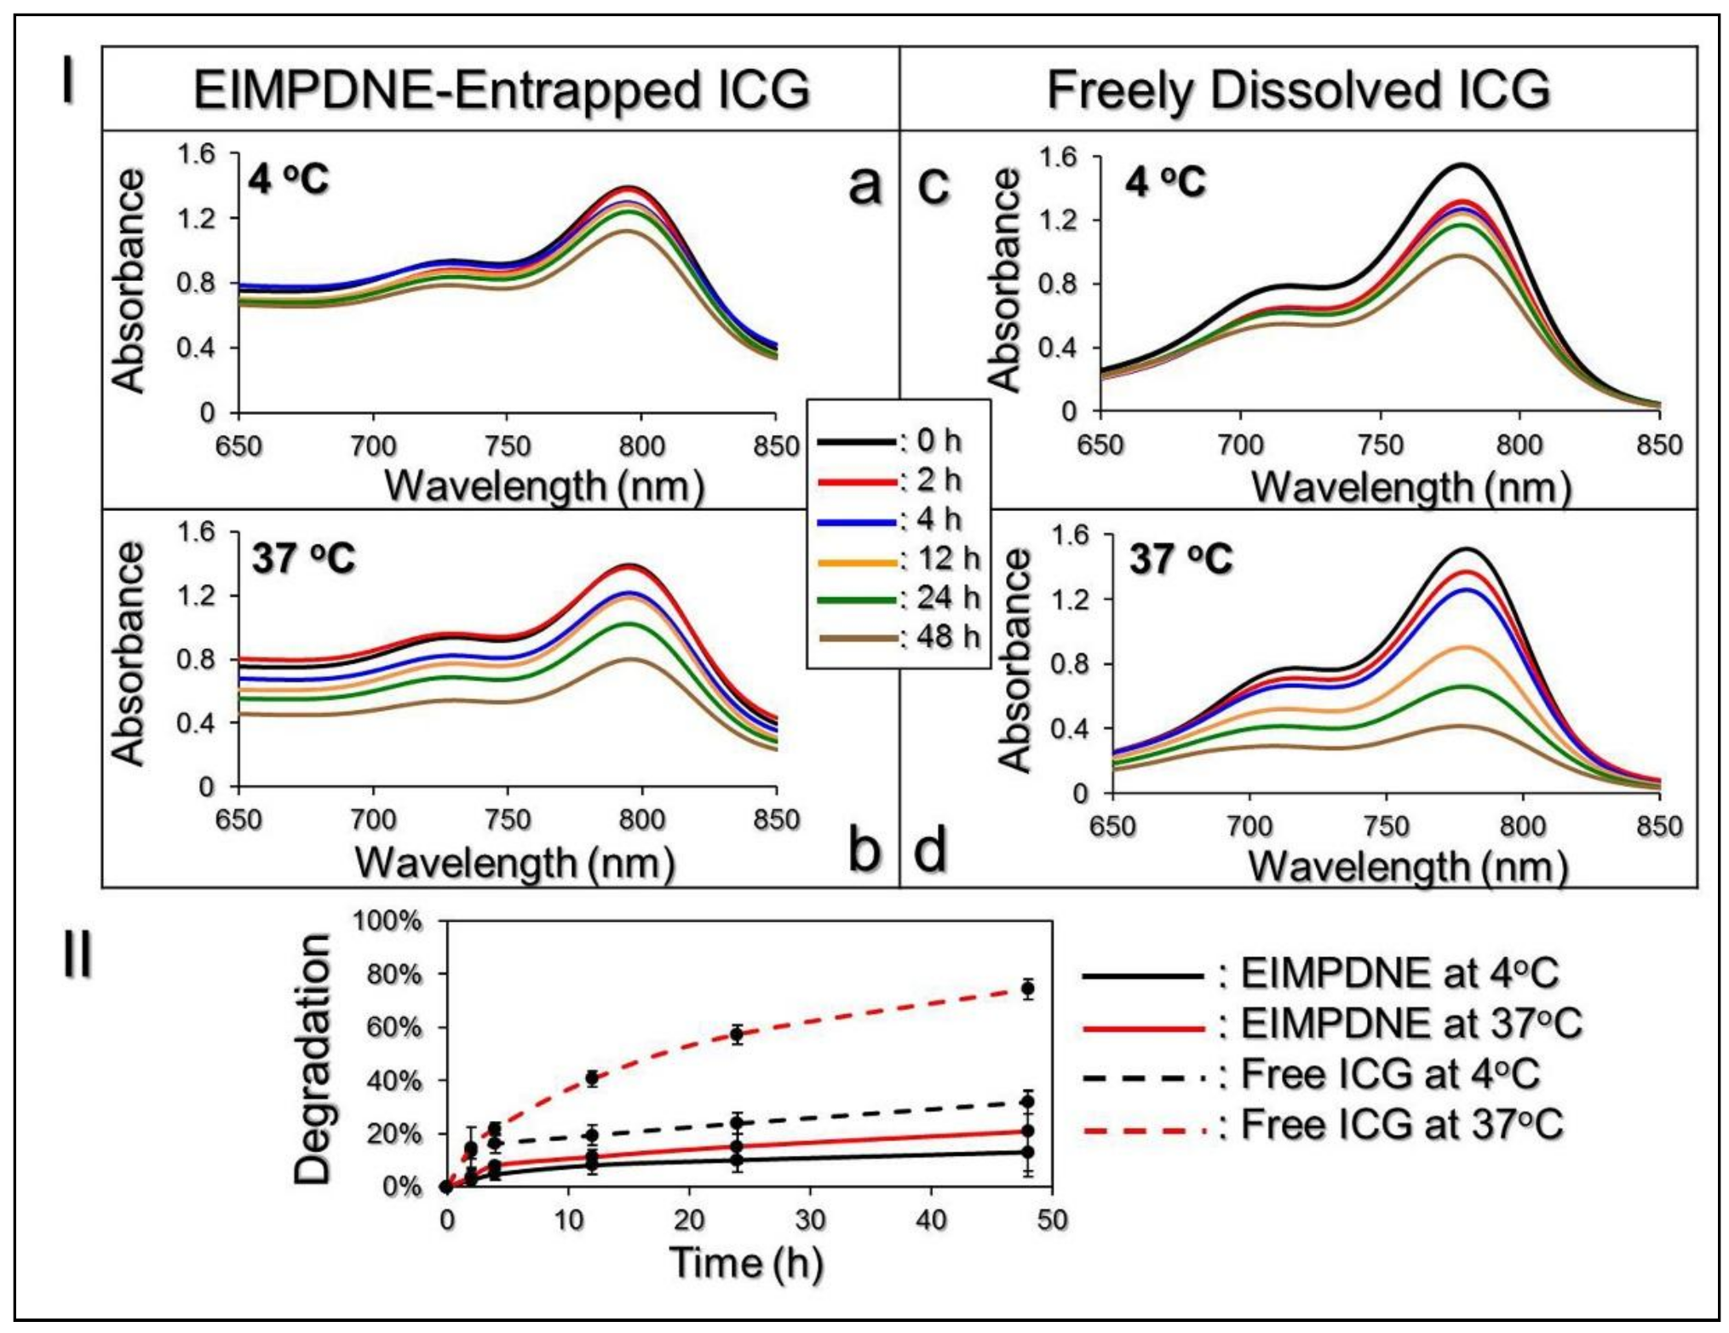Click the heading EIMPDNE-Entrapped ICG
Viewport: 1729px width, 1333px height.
[501, 90]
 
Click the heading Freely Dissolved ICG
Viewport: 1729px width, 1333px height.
[1297, 90]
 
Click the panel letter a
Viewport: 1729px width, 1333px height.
[865, 185]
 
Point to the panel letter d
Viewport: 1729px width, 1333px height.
[930, 850]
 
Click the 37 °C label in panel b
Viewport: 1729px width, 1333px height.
[303, 559]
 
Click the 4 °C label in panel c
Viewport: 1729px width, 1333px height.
[1165, 181]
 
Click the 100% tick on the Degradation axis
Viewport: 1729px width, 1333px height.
[388, 921]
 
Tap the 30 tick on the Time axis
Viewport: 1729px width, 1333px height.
[809, 1220]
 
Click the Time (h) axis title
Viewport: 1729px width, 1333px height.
[746, 1262]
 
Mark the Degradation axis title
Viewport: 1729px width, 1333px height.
[312, 1058]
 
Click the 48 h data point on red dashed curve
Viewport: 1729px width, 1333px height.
[1028, 989]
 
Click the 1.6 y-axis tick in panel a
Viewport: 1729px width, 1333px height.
[196, 154]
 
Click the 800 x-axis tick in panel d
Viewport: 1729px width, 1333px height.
[1522, 826]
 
